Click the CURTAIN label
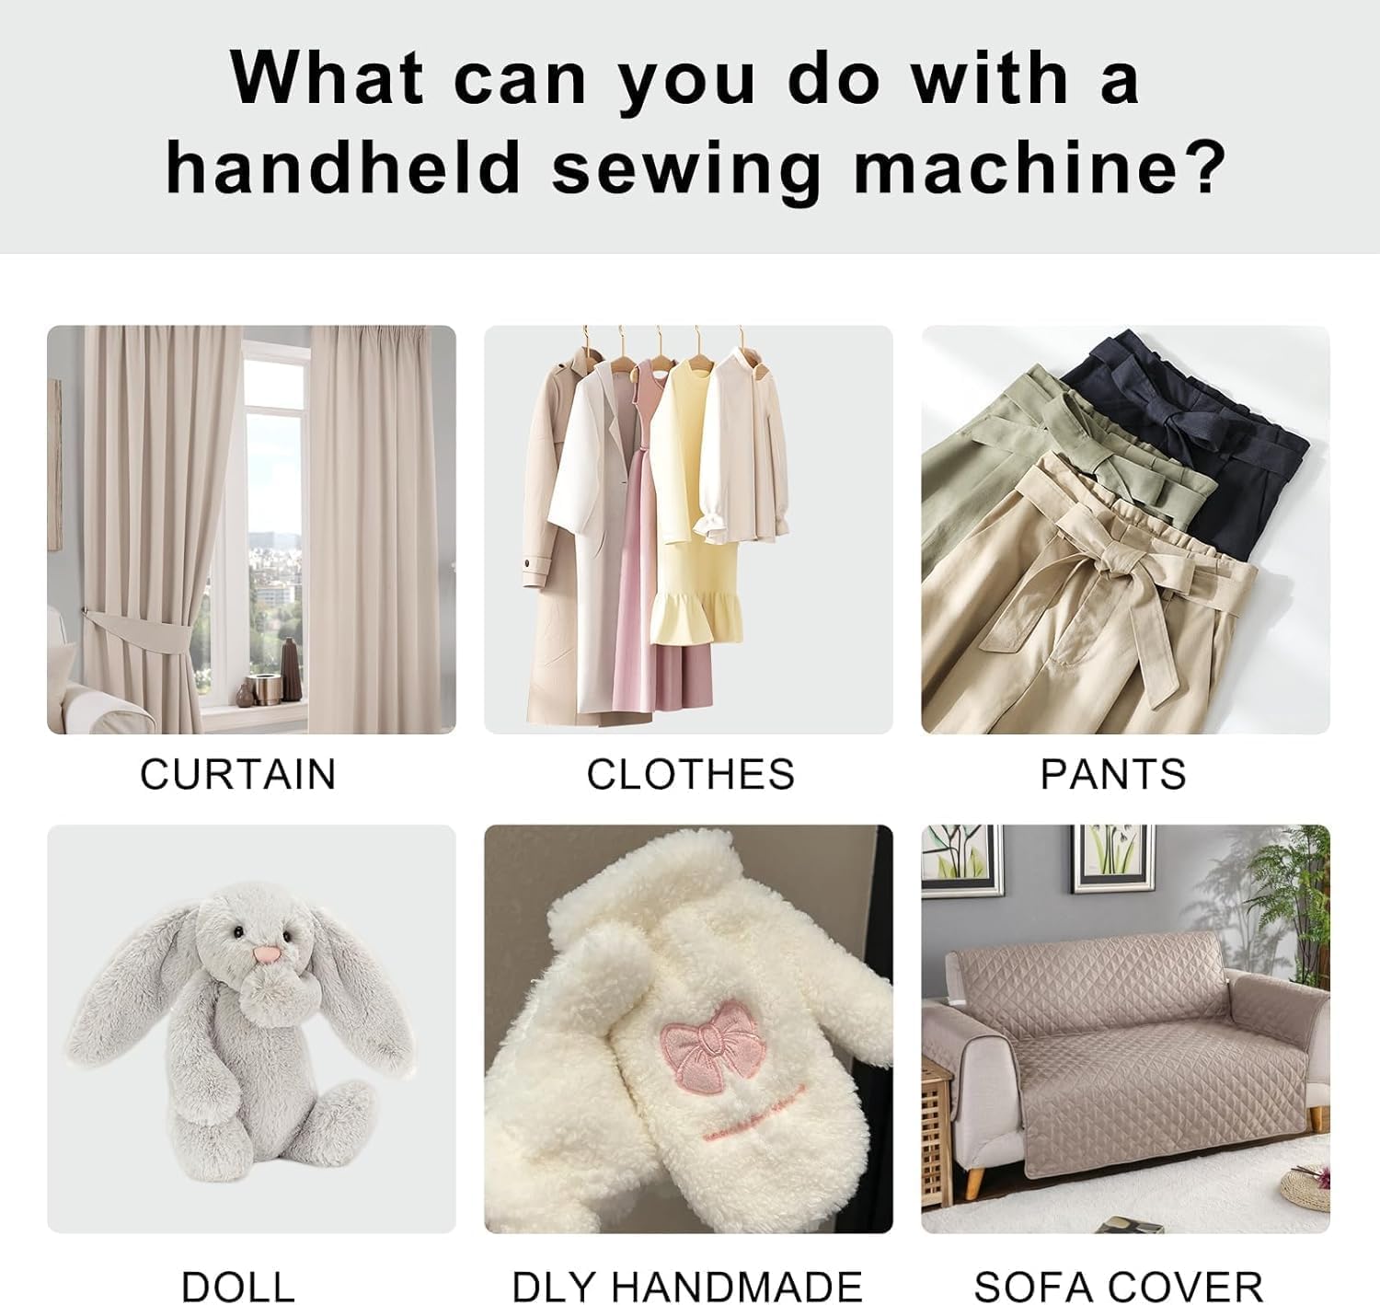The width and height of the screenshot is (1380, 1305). [x=237, y=774]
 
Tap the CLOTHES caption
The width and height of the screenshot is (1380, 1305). [x=690, y=774]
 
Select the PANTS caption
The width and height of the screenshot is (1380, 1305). [x=1112, y=774]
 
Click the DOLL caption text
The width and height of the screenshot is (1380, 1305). [x=237, y=1286]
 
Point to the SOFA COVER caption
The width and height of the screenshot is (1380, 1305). [x=1118, y=1286]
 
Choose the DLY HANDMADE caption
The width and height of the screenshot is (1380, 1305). [x=686, y=1286]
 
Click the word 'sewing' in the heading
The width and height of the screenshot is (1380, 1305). [x=685, y=168]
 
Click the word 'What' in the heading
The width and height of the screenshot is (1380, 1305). [x=327, y=78]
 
